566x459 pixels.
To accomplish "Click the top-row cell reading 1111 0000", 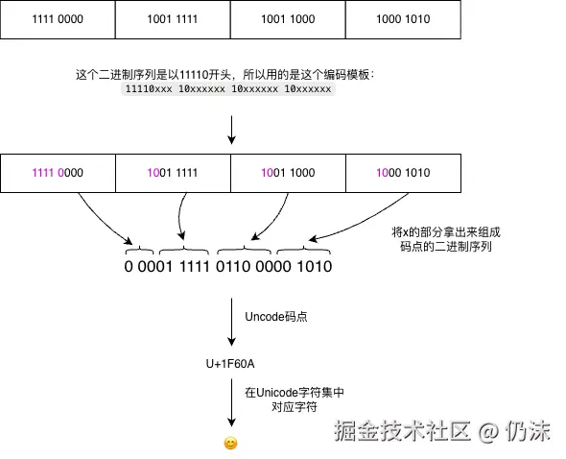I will [x=58, y=19].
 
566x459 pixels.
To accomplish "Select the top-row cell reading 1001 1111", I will [x=173, y=19].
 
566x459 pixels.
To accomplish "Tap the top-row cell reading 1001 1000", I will [x=288, y=19].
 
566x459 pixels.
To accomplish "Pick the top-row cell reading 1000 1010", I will [x=403, y=19].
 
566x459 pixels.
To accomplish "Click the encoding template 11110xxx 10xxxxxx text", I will [x=228, y=89].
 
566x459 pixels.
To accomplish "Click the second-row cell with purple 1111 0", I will [x=58, y=173].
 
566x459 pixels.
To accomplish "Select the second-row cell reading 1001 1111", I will [x=173, y=173].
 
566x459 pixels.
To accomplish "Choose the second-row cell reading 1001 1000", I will [x=288, y=173].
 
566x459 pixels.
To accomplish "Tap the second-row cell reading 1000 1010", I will [x=403, y=173].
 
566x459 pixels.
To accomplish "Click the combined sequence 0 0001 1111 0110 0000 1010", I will [x=228, y=266].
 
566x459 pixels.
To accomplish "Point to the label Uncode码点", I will [x=276, y=316].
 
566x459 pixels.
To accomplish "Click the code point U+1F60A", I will [x=231, y=363].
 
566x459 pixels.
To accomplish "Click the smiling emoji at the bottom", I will [x=230, y=443].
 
